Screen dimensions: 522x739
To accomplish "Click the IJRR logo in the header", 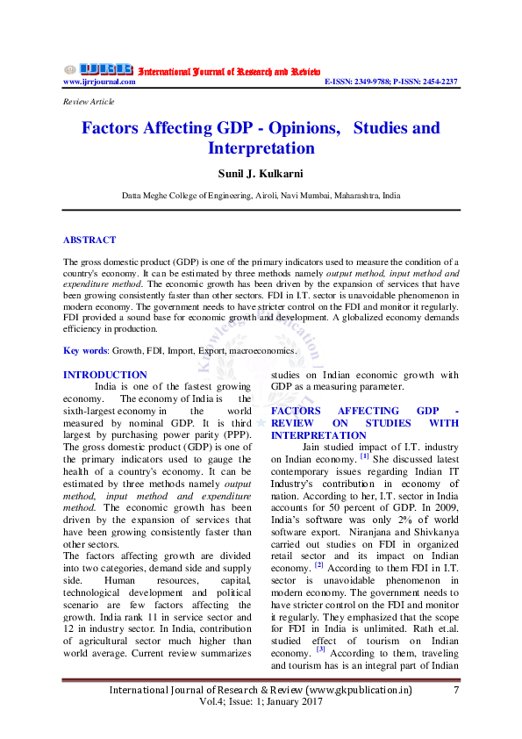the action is pyautogui.click(x=98, y=69).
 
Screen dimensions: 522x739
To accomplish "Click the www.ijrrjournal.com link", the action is pyautogui.click(x=99, y=82).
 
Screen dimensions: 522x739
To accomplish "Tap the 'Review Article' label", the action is pyautogui.click(x=89, y=102).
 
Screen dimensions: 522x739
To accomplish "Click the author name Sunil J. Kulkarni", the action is pyautogui.click(x=261, y=173).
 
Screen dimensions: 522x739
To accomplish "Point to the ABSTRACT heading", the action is pyautogui.click(x=89, y=240).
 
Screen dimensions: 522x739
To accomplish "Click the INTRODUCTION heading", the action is pyautogui.click(x=105, y=375).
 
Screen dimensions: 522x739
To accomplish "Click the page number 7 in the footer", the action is pyautogui.click(x=456, y=691).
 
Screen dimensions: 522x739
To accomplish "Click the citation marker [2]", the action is pyautogui.click(x=321, y=565).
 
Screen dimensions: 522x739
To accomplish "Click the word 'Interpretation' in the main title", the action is pyautogui.click(x=261, y=148).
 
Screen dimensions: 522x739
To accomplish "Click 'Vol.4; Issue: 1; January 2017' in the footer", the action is pyautogui.click(x=261, y=702).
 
